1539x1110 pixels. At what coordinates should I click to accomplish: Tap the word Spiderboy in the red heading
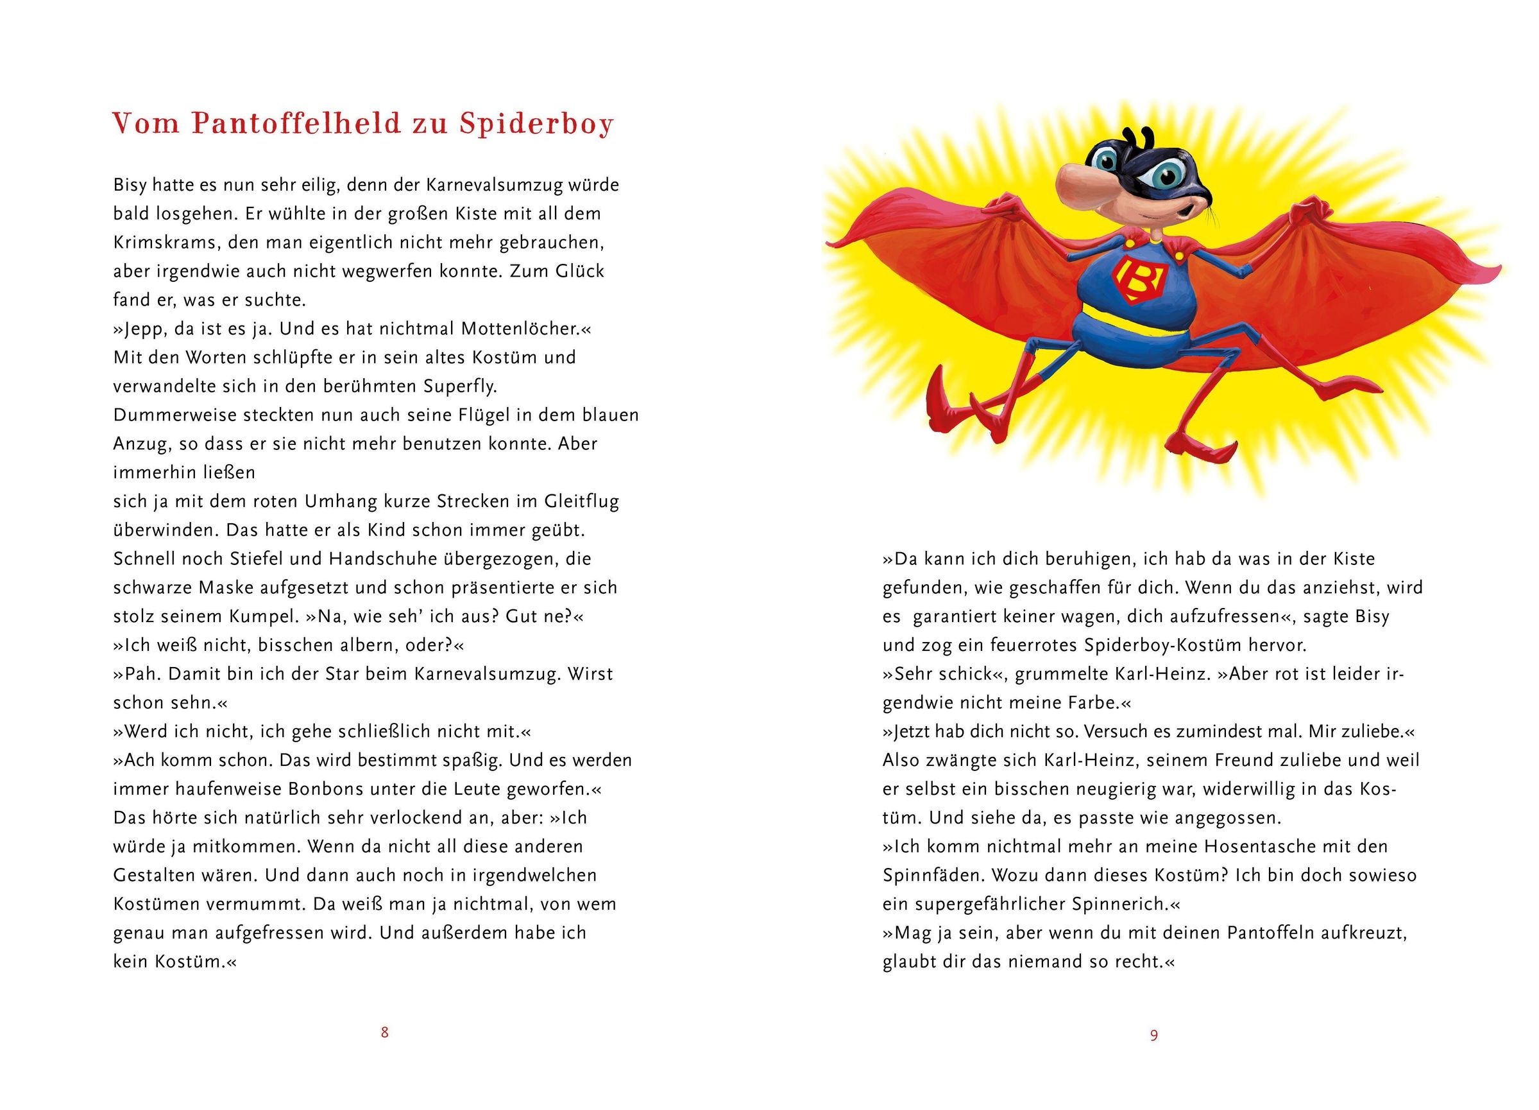pyautogui.click(x=536, y=123)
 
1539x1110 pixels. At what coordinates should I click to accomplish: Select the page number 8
pyautogui.click(x=385, y=1032)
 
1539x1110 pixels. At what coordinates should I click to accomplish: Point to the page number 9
pyautogui.click(x=1153, y=1036)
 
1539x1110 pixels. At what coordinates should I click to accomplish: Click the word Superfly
pyautogui.click(x=460, y=386)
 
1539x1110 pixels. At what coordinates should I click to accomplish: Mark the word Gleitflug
pyautogui.click(x=582, y=501)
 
